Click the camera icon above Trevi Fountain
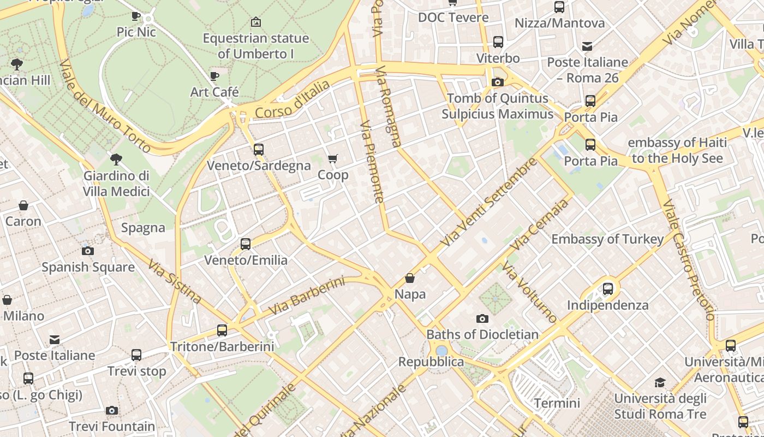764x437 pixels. tap(112, 410)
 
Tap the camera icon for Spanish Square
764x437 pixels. tap(87, 251)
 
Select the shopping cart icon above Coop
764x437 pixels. tap(332, 159)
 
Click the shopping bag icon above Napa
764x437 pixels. tap(410, 279)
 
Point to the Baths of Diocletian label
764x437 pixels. tap(482, 334)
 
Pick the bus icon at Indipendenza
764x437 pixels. tap(607, 288)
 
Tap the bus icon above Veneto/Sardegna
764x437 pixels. tap(259, 149)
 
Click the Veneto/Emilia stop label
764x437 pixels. tap(246, 260)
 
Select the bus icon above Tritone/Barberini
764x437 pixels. tap(222, 330)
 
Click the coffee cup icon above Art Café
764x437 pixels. tap(214, 76)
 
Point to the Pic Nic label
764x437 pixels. tap(136, 32)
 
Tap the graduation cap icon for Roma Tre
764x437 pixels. tap(660, 382)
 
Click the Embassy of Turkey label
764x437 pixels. tap(607, 239)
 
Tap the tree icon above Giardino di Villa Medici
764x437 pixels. tap(116, 160)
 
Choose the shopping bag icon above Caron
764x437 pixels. tap(23, 205)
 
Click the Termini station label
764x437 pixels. tap(557, 403)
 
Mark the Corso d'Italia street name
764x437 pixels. tap(293, 99)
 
